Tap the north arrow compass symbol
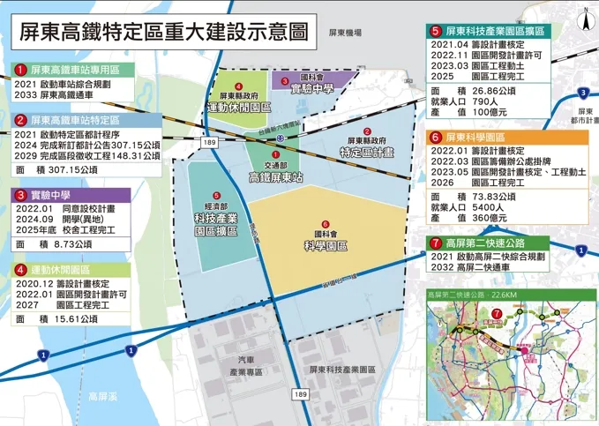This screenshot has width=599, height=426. click(x=583, y=16)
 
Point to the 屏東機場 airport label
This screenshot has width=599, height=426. click(x=345, y=33)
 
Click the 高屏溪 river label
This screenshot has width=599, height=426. click(x=104, y=397)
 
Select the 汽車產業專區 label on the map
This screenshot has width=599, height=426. click(x=251, y=367)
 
